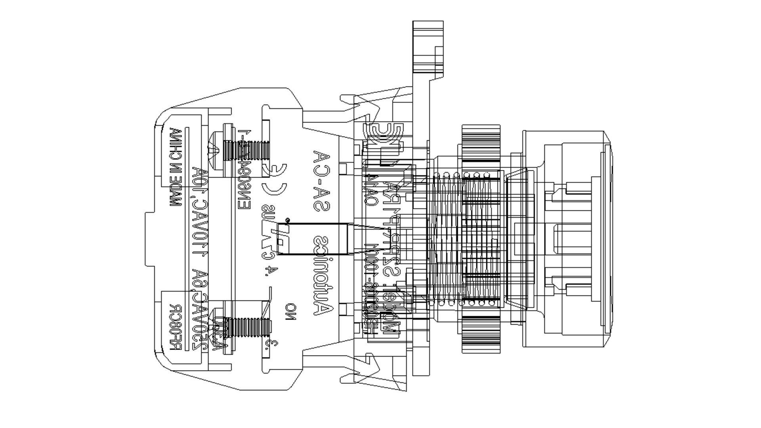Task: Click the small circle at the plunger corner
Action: pos(287,220)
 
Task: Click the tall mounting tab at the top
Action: pos(428,48)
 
